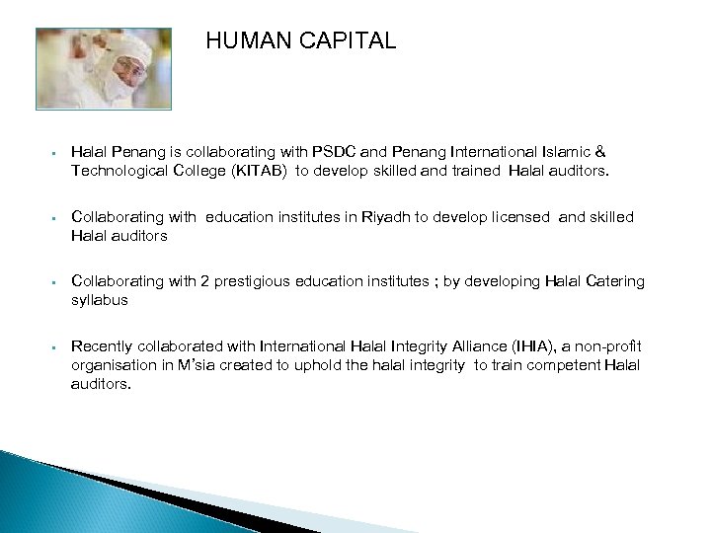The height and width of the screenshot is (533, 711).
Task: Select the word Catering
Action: coord(614,281)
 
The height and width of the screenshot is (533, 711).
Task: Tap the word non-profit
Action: coord(607,345)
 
